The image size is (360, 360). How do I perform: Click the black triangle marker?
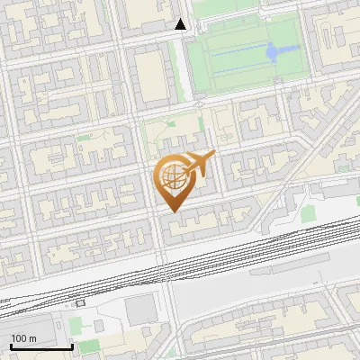pyautogui.click(x=181, y=25)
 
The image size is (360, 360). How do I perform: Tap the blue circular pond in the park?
pyautogui.click(x=273, y=53)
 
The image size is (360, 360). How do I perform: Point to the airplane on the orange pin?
pyautogui.click(x=200, y=163)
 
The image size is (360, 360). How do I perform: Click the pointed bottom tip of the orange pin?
pyautogui.click(x=172, y=211)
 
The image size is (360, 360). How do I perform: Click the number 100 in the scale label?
pyautogui.click(x=19, y=337)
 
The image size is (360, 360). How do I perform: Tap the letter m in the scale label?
pyautogui.click(x=33, y=337)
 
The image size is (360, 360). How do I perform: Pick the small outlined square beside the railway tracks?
pyautogui.click(x=81, y=302)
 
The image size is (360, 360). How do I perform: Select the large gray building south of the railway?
pyautogui.click(x=140, y=310)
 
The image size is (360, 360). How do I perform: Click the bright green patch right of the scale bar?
pyautogui.click(x=88, y=346)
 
